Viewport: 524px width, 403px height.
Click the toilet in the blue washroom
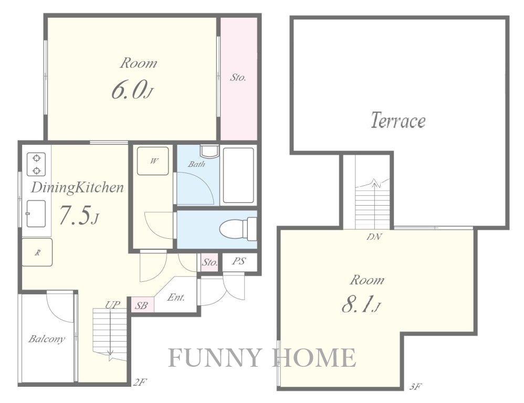pyautogui.click(x=238, y=229)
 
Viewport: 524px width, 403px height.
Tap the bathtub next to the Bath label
pyautogui.click(x=238, y=175)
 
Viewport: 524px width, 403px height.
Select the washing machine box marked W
pyautogui.click(x=153, y=161)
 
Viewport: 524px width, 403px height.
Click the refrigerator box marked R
pyautogui.click(x=37, y=252)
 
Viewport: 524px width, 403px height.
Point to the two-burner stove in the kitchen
pyautogui.click(x=36, y=164)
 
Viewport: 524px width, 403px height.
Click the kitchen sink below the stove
pyautogui.click(x=36, y=214)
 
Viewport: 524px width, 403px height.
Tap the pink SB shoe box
pyautogui.click(x=142, y=305)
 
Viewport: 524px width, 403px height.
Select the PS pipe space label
pyautogui.click(x=238, y=261)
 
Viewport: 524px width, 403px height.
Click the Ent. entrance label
pyautogui.click(x=176, y=297)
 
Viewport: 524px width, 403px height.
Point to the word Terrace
pyautogui.click(x=398, y=120)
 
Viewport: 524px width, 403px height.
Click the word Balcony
pyautogui.click(x=46, y=339)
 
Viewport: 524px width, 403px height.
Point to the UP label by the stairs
pyautogui.click(x=112, y=305)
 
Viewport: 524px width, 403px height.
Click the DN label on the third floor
pyautogui.click(x=374, y=237)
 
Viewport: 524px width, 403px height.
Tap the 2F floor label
pyautogui.click(x=140, y=381)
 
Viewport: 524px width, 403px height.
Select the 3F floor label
pyautogui.click(x=415, y=387)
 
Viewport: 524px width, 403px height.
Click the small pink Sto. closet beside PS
pyautogui.click(x=209, y=262)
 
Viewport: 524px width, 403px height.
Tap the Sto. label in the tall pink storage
pyautogui.click(x=238, y=78)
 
